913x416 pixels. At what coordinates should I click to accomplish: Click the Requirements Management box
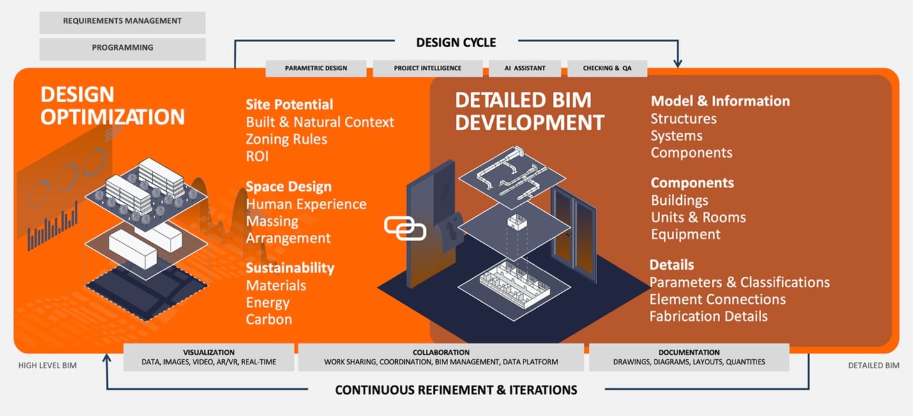pyautogui.click(x=122, y=22)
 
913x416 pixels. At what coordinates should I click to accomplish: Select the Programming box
pyautogui.click(x=122, y=48)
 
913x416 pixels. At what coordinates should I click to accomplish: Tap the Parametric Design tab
pyautogui.click(x=316, y=68)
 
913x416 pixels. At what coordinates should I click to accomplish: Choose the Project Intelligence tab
pyautogui.click(x=427, y=68)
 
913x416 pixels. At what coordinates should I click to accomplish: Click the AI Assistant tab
pyautogui.click(x=525, y=68)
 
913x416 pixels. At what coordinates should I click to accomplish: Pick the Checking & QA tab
pyautogui.click(x=607, y=68)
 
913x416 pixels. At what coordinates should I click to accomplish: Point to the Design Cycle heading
pyautogui.click(x=456, y=43)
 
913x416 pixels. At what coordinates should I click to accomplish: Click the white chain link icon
pyautogui.click(x=404, y=228)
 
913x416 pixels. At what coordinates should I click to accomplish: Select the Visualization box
pyautogui.click(x=209, y=357)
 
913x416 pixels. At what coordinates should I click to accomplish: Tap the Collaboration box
pyautogui.click(x=441, y=357)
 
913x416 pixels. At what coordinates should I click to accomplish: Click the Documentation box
pyautogui.click(x=689, y=357)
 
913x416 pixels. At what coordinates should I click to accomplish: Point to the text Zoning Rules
pyautogui.click(x=287, y=139)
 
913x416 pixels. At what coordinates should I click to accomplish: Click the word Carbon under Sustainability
pyautogui.click(x=269, y=320)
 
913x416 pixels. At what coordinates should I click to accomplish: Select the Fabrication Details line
pyautogui.click(x=708, y=316)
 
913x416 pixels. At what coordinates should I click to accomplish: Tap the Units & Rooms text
pyautogui.click(x=698, y=218)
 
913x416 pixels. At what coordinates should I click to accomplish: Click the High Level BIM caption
pyautogui.click(x=47, y=366)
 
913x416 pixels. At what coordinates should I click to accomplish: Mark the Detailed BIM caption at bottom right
pyautogui.click(x=873, y=366)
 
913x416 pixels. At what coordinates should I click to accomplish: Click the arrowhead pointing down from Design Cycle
pyautogui.click(x=677, y=63)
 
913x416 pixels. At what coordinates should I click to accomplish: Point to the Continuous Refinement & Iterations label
pyautogui.click(x=456, y=390)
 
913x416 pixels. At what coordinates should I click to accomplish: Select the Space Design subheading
pyautogui.click(x=289, y=187)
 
